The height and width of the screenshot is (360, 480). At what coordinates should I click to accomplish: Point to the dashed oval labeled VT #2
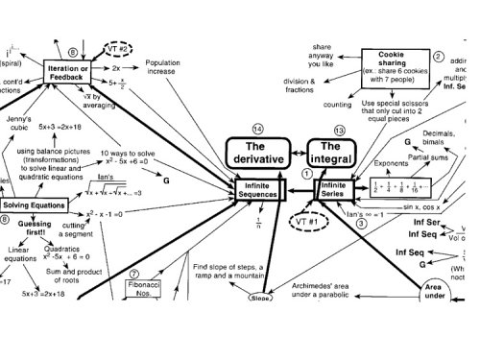coord(122,48)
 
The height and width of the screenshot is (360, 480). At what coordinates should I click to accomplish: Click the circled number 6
coord(74,50)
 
